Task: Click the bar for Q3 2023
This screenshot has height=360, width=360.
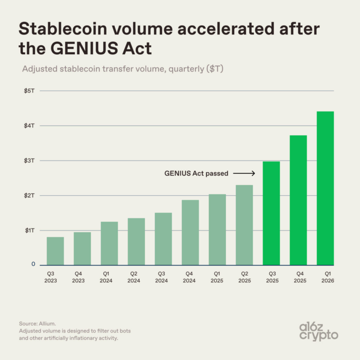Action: (x=55, y=251)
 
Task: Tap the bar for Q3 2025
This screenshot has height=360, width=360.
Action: (x=271, y=213)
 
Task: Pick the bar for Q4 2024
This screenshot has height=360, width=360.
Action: (x=190, y=232)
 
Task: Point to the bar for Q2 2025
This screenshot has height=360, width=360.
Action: (x=244, y=225)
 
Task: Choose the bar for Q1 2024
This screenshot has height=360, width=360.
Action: (x=109, y=243)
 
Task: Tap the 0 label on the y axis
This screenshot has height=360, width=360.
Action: (x=33, y=264)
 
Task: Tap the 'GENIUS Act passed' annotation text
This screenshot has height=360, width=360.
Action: (x=196, y=173)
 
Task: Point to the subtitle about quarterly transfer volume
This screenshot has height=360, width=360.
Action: (x=123, y=69)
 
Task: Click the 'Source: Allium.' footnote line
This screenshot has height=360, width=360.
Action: (x=38, y=324)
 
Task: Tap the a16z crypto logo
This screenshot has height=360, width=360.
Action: (x=319, y=331)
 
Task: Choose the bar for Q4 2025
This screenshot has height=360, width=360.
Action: (x=298, y=200)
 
